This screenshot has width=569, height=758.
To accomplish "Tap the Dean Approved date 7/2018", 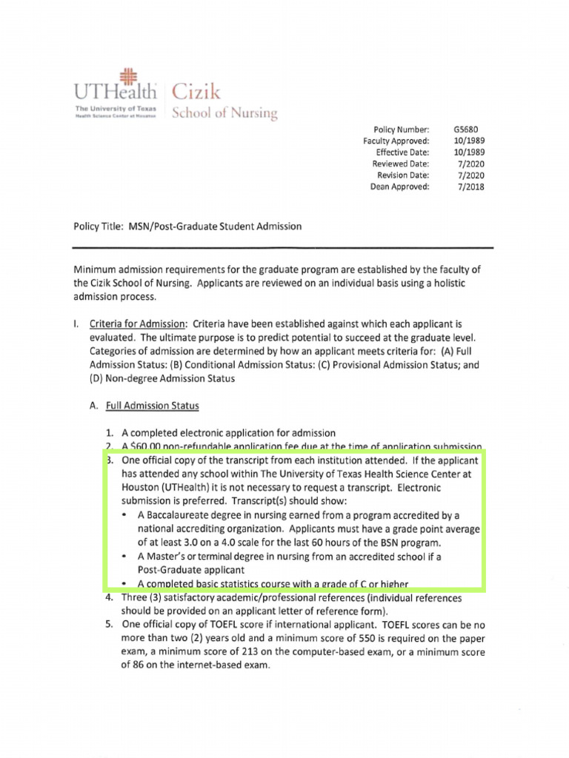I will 470,187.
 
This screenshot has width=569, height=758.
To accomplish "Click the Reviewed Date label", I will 400,164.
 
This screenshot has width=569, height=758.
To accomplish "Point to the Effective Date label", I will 402,152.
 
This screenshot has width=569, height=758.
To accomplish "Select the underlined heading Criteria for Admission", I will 139,324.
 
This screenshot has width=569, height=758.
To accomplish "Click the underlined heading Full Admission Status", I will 153,406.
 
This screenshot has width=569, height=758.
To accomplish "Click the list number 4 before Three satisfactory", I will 108,598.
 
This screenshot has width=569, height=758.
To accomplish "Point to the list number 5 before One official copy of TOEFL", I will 108,625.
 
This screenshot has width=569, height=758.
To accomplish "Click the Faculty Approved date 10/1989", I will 469,141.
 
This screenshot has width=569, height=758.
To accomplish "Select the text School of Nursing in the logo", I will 224,114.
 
